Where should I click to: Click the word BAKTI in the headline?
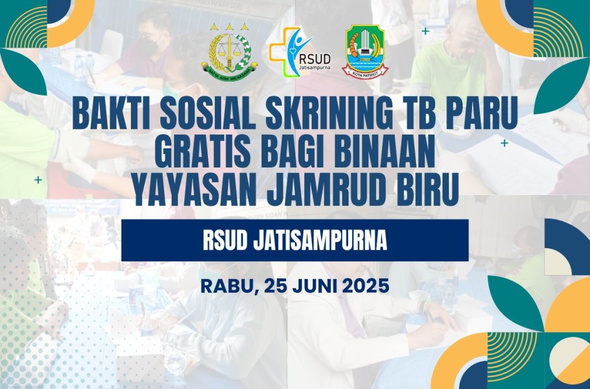coord(112,113)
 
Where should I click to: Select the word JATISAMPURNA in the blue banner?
coord(320,241)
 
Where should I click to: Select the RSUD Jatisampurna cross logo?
coord(300,51)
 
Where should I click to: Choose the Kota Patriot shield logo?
coord(365,51)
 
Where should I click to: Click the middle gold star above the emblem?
coord(229,26)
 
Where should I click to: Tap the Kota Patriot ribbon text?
coord(365,74)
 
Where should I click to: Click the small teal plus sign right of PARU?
coord(504,143)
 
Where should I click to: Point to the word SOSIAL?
coord(209,113)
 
